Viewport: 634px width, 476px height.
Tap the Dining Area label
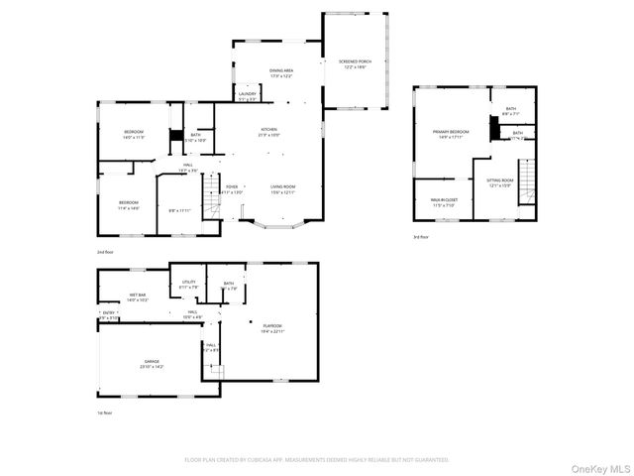pyautogui.click(x=281, y=72)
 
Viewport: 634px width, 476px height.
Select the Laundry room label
pyautogui.click(x=247, y=96)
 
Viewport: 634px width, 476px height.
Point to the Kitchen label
pyautogui.click(x=268, y=132)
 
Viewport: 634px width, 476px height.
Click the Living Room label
pyautogui.click(x=283, y=188)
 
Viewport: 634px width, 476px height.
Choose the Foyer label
pyautogui.click(x=232, y=188)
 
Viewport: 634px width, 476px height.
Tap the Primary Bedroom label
pyautogui.click(x=451, y=134)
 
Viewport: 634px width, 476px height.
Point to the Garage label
pyautogui.click(x=152, y=364)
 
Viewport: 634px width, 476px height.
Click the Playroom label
pyautogui.click(x=272, y=328)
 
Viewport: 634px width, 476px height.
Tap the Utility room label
pyautogui.click(x=188, y=284)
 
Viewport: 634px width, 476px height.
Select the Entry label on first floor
pyautogui.click(x=108, y=315)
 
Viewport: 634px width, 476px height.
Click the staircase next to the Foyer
pyautogui.click(x=211, y=203)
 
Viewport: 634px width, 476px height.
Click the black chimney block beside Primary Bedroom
pyautogui.click(x=492, y=128)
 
